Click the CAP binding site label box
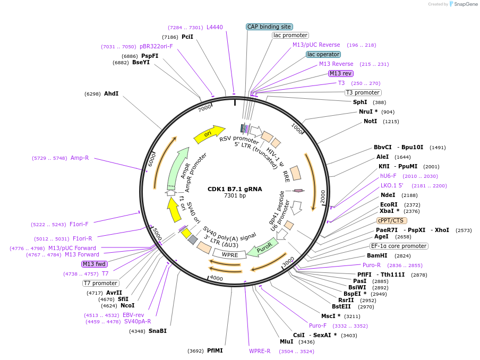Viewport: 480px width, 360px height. (x=269, y=27)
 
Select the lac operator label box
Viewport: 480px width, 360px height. (x=323, y=54)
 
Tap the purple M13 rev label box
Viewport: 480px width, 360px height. (x=340, y=73)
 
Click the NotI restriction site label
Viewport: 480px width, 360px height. (x=370, y=121)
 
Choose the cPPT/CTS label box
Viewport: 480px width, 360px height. (x=392, y=220)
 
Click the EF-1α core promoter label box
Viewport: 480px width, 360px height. (x=399, y=246)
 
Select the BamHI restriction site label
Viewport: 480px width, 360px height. (x=377, y=255)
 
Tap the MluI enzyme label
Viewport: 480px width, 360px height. (x=286, y=341)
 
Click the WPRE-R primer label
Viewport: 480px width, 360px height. (x=260, y=351)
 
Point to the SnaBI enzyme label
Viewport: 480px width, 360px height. (x=157, y=331)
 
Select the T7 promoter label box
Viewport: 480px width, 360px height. (x=101, y=283)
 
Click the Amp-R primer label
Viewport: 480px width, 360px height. (x=80, y=158)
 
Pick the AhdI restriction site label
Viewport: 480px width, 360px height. (x=111, y=93)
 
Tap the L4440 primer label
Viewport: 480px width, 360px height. (x=215, y=27)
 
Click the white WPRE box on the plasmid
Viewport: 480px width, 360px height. (x=229, y=254)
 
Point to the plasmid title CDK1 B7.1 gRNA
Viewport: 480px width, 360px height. (x=235, y=188)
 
